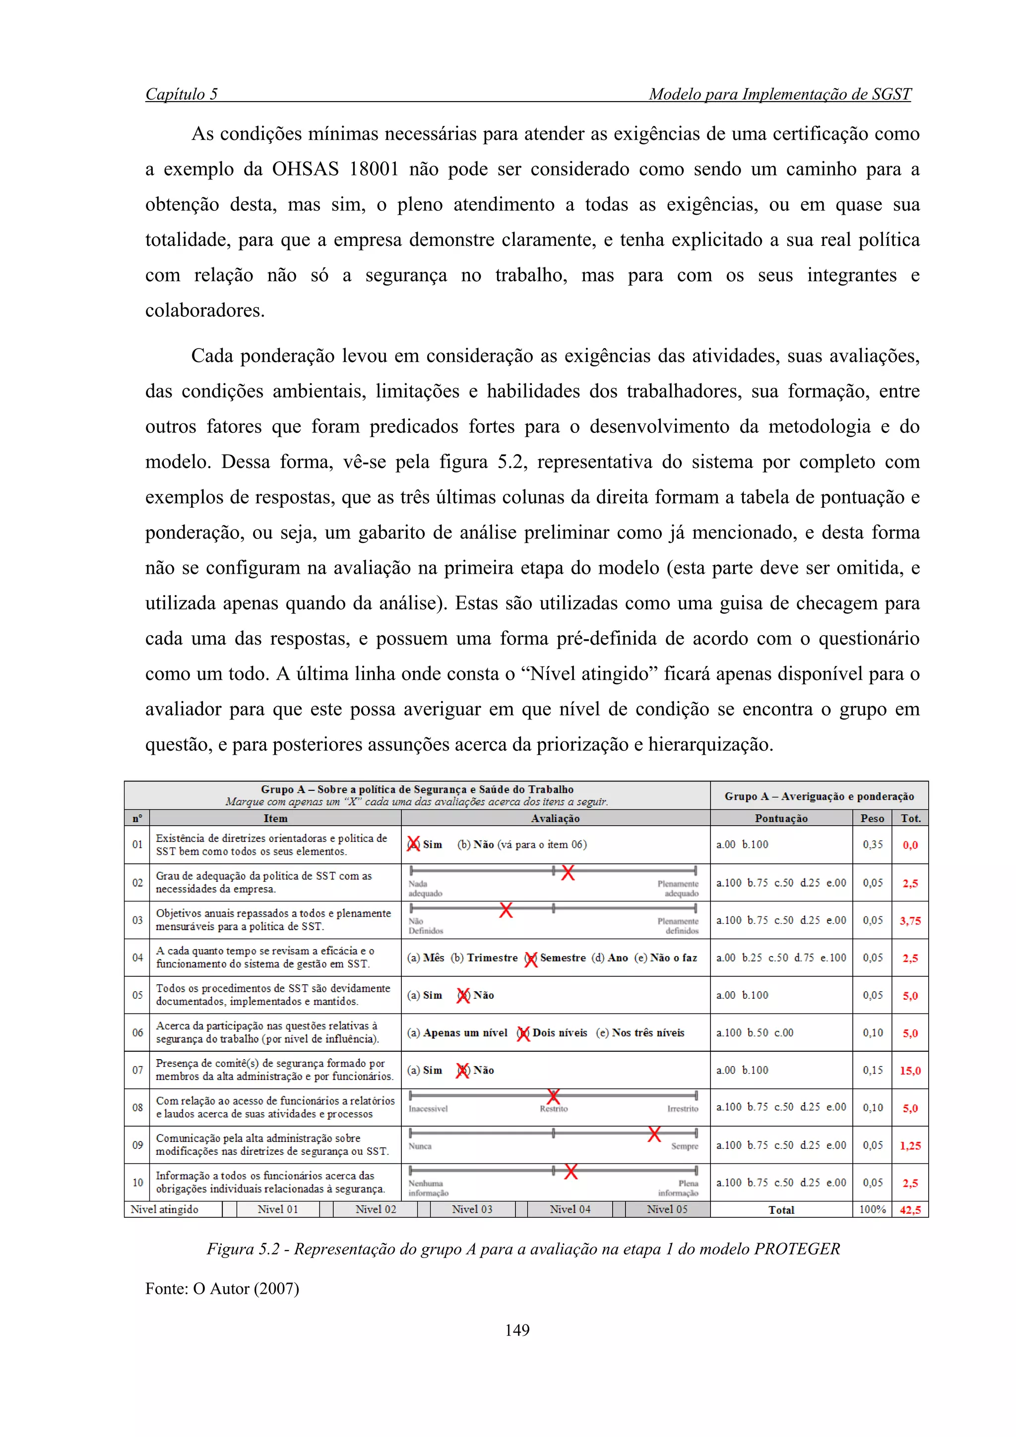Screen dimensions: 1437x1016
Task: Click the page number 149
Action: [517, 1330]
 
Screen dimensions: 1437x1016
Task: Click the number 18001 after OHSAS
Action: [374, 169]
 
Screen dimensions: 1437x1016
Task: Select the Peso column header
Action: [872, 818]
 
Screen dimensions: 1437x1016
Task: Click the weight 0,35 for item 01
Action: [873, 844]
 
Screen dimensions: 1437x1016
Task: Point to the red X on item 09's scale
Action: [654, 1134]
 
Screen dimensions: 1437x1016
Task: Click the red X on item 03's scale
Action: [506, 909]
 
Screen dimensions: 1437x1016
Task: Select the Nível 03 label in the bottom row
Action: [472, 1209]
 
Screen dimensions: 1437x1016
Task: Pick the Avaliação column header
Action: [555, 818]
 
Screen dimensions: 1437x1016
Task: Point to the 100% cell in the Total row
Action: [872, 1209]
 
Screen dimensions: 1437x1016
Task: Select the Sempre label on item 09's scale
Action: [685, 1146]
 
